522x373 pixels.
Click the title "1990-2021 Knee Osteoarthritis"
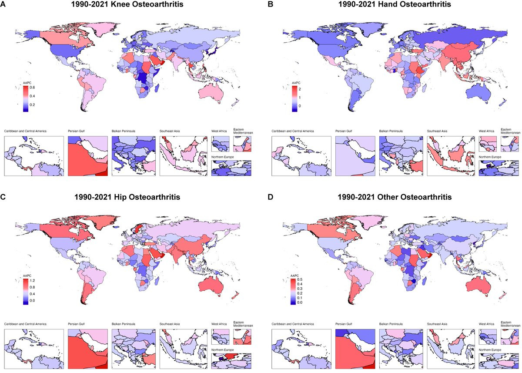coord(127,4)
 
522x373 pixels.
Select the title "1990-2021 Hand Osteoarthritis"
coord(395,4)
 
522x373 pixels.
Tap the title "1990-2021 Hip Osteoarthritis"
coord(127,197)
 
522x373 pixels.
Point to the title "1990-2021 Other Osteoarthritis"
coord(395,197)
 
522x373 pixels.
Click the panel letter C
coord(3,197)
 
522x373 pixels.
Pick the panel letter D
coord(270,197)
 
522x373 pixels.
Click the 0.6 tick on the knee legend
coord(32,87)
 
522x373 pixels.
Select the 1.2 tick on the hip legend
coord(32,280)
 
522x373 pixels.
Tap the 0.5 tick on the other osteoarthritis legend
coord(300,279)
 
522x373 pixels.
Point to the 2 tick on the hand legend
coord(300,89)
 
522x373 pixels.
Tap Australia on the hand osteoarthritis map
coord(478,93)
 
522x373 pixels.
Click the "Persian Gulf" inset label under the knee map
coord(76,131)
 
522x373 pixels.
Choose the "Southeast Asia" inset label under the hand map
coord(437,131)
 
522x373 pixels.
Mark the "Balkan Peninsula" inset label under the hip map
coord(124,324)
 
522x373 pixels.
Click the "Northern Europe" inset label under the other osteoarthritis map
coord(490,350)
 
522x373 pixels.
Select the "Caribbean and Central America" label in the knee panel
coord(25,131)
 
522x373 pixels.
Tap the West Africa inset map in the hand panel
coord(488,144)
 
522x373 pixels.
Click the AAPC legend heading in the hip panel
coord(27,276)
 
